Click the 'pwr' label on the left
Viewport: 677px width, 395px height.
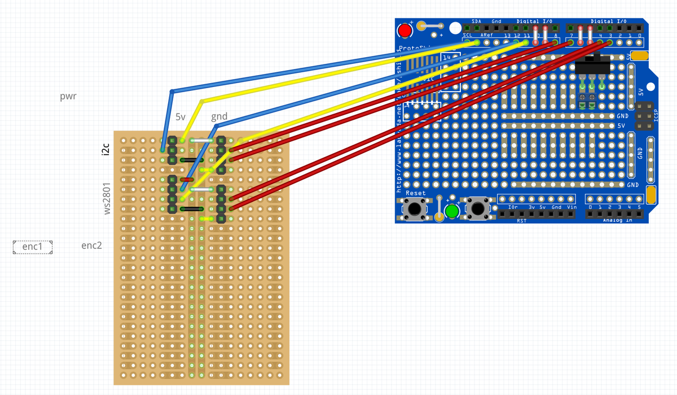[x=68, y=96]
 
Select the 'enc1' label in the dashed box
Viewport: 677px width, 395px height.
[x=33, y=247]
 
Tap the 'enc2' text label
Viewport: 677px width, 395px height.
[x=91, y=245]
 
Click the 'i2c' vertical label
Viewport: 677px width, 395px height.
[x=105, y=150]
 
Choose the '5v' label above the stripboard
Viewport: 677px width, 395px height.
[x=181, y=117]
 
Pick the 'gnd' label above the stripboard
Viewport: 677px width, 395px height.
[x=219, y=117]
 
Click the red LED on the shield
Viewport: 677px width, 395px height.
[x=405, y=31]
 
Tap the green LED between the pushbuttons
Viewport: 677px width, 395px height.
[x=451, y=211]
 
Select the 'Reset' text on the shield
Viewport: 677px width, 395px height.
[x=416, y=193]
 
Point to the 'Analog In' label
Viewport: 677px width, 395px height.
[x=617, y=220]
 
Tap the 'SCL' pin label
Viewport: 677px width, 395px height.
[x=468, y=35]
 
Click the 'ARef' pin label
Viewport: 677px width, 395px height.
[x=486, y=35]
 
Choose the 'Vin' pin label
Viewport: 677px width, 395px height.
[x=572, y=207]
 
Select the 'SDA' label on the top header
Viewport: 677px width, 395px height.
[x=476, y=21]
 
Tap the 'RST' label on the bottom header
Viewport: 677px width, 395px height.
[x=521, y=220]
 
